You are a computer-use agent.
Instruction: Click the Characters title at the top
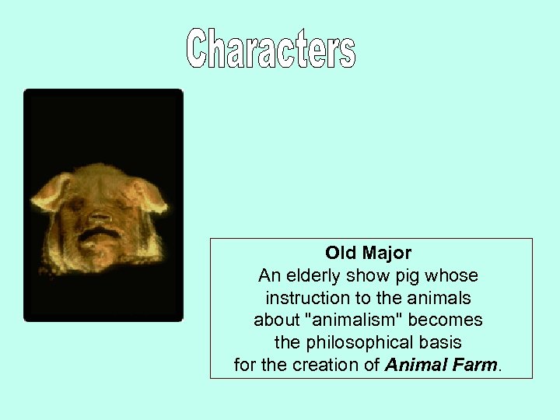(271, 49)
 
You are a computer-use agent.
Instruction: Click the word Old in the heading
(340, 253)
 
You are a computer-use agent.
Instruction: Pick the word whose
(457, 275)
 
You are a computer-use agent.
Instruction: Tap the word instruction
(303, 298)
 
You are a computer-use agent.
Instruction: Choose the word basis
(441, 342)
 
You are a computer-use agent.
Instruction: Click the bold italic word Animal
(413, 365)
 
